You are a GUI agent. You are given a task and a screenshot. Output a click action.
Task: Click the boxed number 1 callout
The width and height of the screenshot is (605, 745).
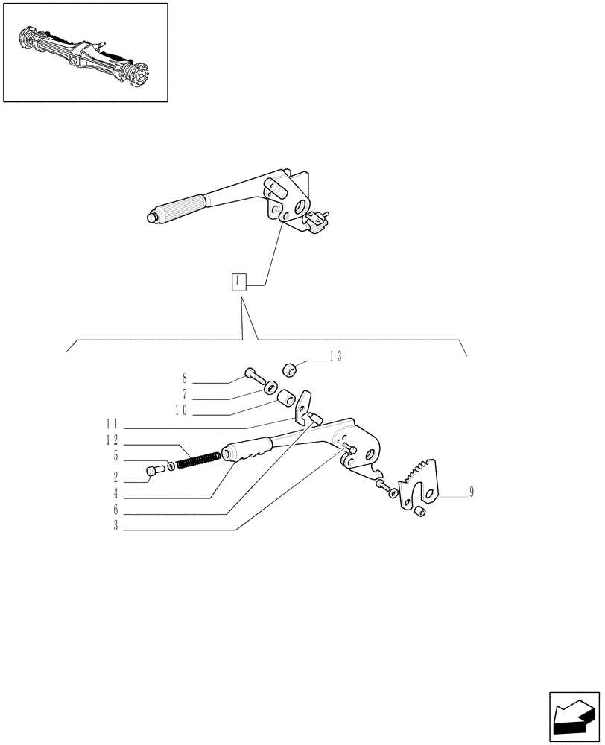238,282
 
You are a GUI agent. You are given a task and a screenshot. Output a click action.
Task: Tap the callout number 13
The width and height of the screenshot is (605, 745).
335,357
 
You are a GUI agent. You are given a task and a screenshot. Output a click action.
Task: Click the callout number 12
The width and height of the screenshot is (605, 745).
113,440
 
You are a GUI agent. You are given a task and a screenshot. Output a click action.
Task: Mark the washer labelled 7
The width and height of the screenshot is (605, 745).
272,387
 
